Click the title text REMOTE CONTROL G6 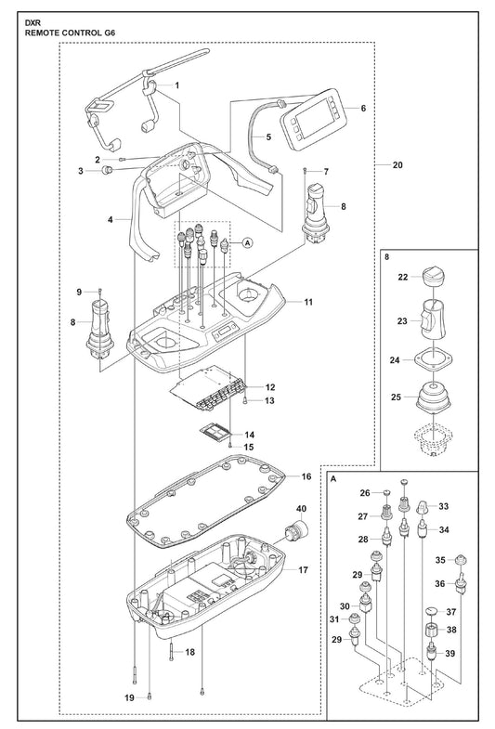[70, 33]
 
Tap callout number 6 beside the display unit [363, 108]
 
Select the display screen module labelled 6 [310, 119]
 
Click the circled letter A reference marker [247, 242]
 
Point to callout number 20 [397, 164]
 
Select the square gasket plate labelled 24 [433, 359]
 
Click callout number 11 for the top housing [308, 302]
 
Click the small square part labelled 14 [215, 433]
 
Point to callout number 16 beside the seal [306, 476]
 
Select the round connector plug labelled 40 [296, 531]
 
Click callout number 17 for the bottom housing [303, 569]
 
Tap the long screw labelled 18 [172, 652]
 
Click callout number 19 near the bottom [129, 697]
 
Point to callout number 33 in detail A [443, 506]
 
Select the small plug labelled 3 [108, 169]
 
